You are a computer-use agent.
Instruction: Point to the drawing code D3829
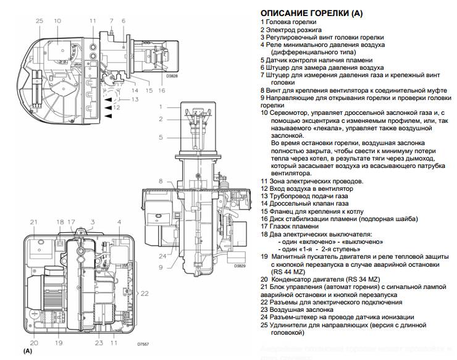coord(240,266)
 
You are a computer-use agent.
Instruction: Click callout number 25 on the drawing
coord(40,21)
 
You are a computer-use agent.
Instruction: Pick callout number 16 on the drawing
coord(162,90)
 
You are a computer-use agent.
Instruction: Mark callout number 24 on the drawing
coord(161,255)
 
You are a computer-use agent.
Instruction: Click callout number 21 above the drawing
coord(33,222)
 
